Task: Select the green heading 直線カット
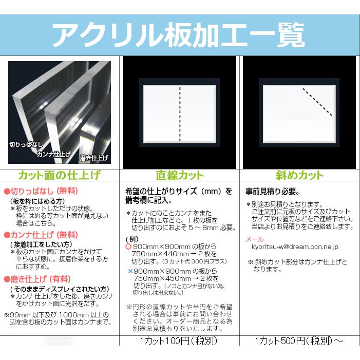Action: click(179, 175)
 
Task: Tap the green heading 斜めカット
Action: click(299, 175)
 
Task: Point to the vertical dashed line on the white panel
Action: click(180, 113)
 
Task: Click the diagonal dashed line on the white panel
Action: click(318, 101)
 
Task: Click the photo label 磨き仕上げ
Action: click(94, 158)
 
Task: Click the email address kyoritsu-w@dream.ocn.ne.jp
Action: click(295, 247)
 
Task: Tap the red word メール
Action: click(255, 239)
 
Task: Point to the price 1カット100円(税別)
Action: click(179, 341)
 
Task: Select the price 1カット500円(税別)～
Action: click(299, 341)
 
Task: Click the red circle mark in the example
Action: click(128, 247)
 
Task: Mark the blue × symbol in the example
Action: click(129, 271)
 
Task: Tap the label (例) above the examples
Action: click(132, 239)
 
